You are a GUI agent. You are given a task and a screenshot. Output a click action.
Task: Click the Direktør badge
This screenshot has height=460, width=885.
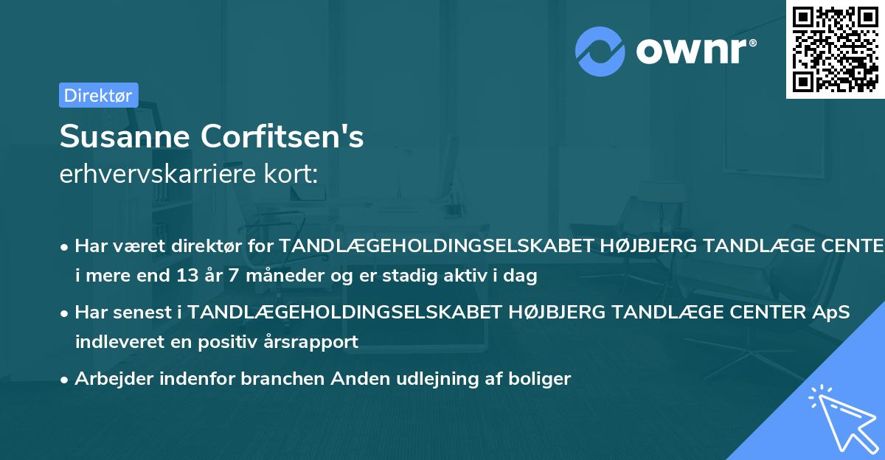pos(98,95)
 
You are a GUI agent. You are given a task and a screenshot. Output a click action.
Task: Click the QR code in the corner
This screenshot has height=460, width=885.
pos(835,49)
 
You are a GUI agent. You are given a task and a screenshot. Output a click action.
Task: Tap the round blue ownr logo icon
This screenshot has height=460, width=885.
pos(600,51)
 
